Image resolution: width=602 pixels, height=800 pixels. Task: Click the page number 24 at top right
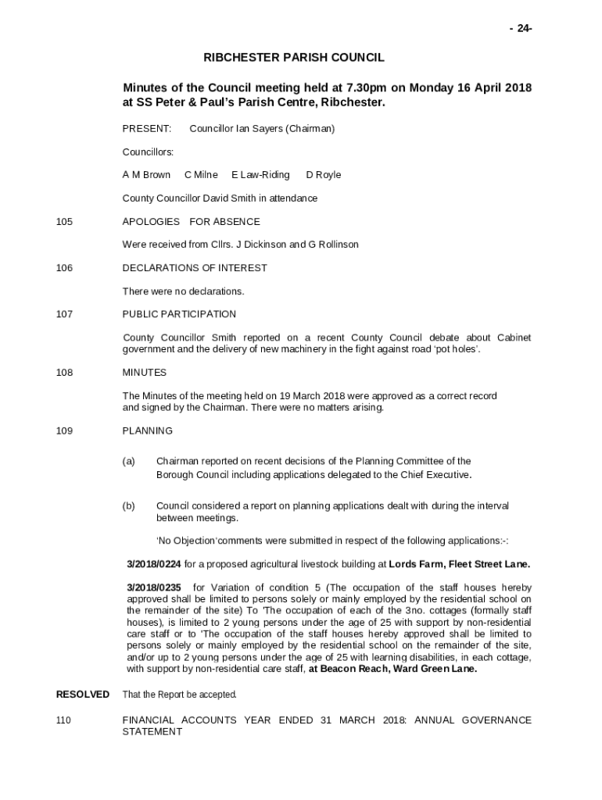(x=521, y=29)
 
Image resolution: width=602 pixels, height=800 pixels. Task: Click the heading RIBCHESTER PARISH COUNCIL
(x=294, y=58)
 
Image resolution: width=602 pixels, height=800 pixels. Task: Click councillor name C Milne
(x=201, y=174)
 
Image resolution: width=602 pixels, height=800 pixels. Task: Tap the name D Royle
(x=323, y=174)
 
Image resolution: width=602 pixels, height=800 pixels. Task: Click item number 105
(x=64, y=221)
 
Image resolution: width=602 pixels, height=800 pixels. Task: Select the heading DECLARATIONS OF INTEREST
(x=195, y=268)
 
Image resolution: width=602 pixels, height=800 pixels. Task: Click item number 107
(x=64, y=314)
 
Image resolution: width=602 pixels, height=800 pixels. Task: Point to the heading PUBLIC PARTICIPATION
(x=179, y=314)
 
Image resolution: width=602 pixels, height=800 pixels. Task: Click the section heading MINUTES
(x=145, y=373)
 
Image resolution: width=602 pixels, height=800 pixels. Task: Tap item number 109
(x=64, y=430)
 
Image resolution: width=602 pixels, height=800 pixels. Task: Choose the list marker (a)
(x=129, y=461)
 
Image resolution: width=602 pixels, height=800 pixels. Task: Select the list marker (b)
(x=129, y=505)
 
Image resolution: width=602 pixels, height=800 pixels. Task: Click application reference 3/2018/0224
(x=154, y=563)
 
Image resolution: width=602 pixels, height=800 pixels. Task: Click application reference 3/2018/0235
(x=154, y=587)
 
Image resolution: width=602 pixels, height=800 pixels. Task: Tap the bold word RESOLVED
(x=83, y=694)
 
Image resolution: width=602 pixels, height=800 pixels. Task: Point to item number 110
(x=64, y=720)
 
